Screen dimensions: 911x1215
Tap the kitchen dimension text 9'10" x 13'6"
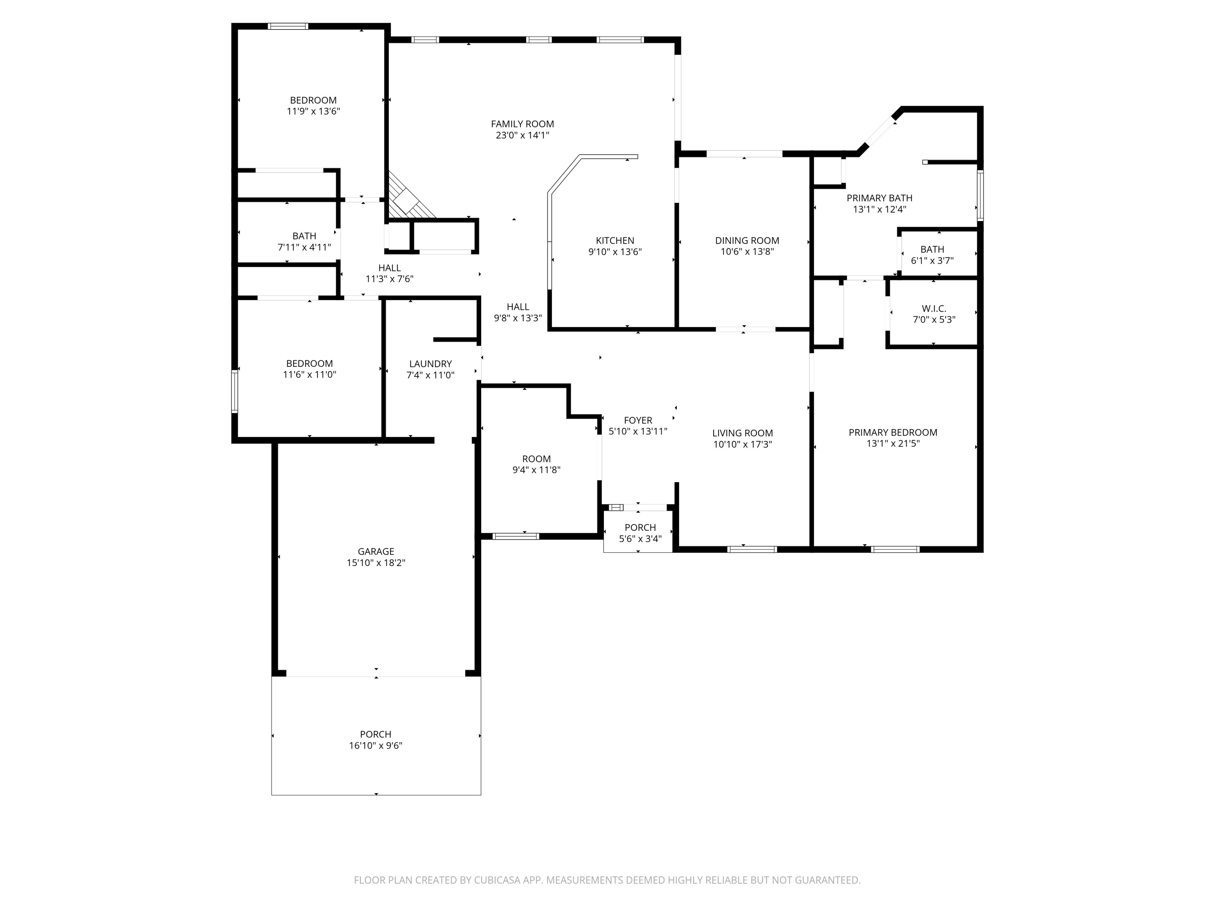point(615,252)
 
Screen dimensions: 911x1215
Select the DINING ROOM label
point(746,241)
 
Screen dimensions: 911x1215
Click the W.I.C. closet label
point(934,309)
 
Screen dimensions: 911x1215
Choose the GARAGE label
point(376,551)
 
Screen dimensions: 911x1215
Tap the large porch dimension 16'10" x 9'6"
point(376,746)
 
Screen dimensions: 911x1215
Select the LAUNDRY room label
point(430,364)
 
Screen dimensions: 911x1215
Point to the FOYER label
point(638,420)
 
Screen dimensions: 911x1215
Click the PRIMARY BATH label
point(879,198)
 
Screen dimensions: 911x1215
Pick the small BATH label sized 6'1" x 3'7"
point(932,249)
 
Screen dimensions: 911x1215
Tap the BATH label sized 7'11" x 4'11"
point(304,236)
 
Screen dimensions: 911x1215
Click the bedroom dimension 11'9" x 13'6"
point(313,111)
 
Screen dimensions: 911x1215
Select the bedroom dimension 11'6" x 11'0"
point(309,375)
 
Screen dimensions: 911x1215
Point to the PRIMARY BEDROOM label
point(893,433)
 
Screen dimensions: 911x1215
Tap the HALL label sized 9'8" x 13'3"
point(518,307)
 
